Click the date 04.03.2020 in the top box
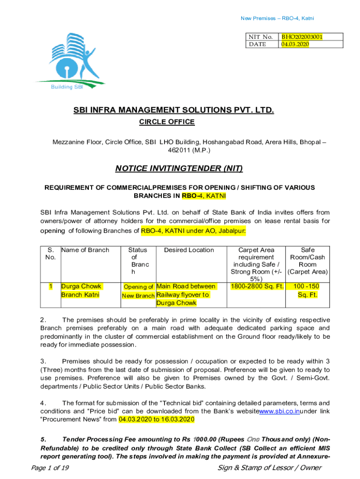(295, 44)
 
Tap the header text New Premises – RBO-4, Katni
(277, 18)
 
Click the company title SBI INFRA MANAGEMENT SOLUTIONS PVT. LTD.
(173, 110)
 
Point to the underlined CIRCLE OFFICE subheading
(167, 122)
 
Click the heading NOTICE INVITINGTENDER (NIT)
(180, 168)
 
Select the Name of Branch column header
(85, 250)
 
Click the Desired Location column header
(189, 250)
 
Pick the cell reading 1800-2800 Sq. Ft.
(256, 286)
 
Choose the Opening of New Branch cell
(138, 291)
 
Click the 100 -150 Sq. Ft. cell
(307, 290)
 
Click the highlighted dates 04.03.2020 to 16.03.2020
(156, 419)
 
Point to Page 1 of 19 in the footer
(50, 468)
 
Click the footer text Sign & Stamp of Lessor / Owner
(270, 468)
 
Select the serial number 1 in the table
(50, 286)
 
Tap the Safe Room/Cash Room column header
(308, 261)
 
